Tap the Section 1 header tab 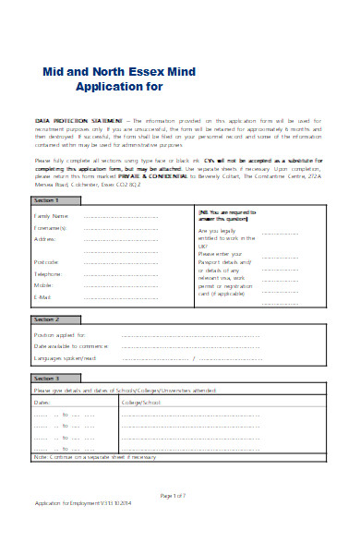[46, 225]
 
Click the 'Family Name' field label [52, 242]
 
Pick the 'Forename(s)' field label [52, 253]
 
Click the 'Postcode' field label [47, 287]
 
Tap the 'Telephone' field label [48, 299]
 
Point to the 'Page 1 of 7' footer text [174, 523]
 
